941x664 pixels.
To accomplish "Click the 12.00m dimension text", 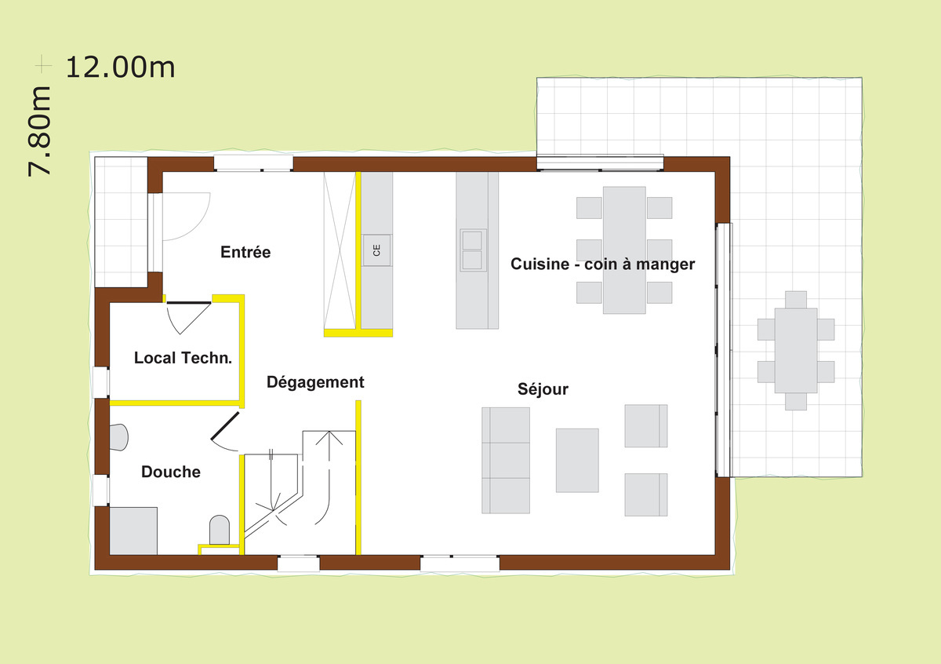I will pyautogui.click(x=119, y=67).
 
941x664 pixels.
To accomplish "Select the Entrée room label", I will pyautogui.click(x=245, y=252).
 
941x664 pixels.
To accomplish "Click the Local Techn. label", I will pyautogui.click(x=183, y=358).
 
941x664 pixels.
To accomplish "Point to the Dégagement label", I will pyautogui.click(x=315, y=382).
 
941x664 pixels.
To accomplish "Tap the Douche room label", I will pyautogui.click(x=171, y=472).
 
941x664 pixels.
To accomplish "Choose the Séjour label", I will pyautogui.click(x=543, y=389).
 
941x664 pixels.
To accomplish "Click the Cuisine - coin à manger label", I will pyautogui.click(x=602, y=264).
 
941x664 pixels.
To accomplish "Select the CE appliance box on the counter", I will pyautogui.click(x=376, y=250).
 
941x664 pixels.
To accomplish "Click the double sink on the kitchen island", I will pyautogui.click(x=473, y=250).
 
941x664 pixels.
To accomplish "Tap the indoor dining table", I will pyautogui.click(x=624, y=250).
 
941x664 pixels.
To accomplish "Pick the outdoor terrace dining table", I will pyautogui.click(x=796, y=350).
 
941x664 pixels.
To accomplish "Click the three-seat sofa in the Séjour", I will pyautogui.click(x=506, y=460).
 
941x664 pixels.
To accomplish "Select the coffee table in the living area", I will pyautogui.click(x=577, y=460).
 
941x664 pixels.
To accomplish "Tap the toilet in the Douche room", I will pyautogui.click(x=219, y=531).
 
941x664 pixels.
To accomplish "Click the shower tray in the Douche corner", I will pyautogui.click(x=133, y=531).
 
